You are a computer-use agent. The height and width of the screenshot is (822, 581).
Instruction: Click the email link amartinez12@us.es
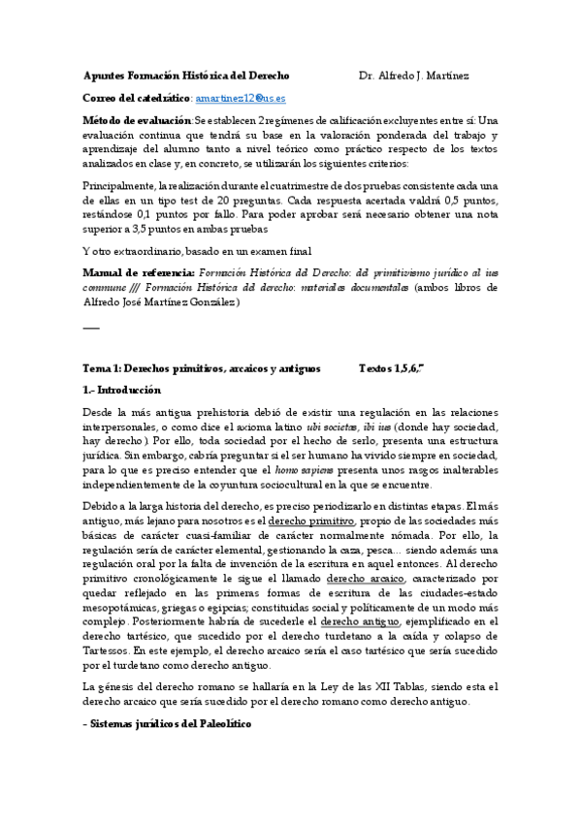click(x=241, y=98)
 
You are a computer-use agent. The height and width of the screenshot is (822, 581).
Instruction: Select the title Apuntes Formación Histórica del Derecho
click(x=186, y=76)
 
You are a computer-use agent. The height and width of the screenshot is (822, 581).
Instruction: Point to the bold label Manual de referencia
click(x=140, y=274)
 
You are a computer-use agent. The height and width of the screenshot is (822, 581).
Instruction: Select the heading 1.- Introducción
click(x=122, y=390)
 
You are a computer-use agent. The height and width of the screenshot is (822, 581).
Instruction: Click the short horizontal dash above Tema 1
click(x=91, y=327)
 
